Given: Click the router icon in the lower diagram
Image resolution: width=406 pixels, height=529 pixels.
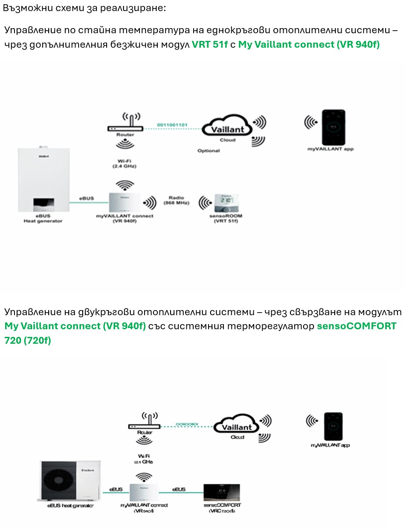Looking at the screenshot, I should [144, 425].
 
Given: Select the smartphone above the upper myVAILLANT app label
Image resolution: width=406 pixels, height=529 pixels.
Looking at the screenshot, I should [333, 126].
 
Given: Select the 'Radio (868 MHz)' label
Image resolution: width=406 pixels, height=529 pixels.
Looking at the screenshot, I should [176, 200].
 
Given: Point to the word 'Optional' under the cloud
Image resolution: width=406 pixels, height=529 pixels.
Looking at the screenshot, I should [209, 151].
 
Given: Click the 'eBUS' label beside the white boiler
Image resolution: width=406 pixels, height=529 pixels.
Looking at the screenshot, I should [87, 198].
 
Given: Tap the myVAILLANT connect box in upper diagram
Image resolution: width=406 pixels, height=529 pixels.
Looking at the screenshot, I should [125, 203].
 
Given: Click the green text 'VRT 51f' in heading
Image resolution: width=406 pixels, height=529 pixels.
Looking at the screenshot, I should [210, 44].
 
